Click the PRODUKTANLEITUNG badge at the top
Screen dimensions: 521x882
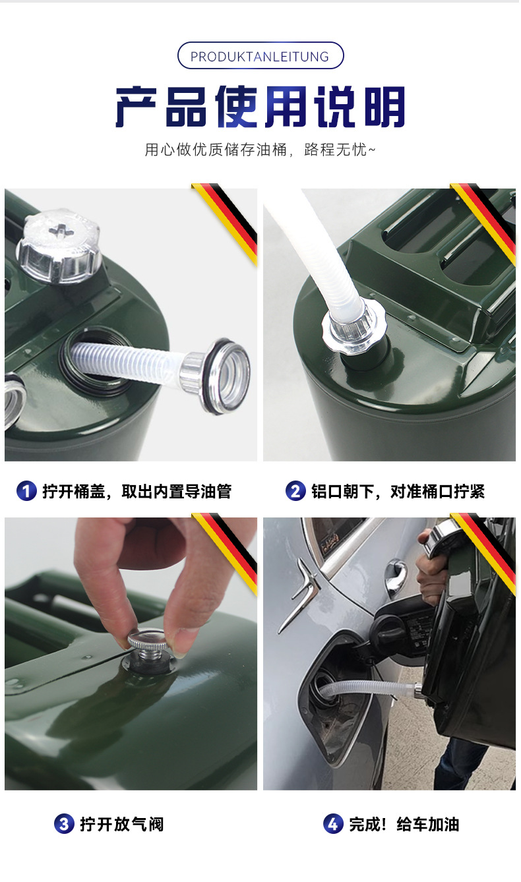click(260, 55)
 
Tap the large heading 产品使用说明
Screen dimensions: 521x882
click(260, 106)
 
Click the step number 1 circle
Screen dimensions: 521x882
click(26, 491)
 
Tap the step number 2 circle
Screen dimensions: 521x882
click(295, 491)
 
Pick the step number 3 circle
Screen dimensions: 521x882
click(64, 824)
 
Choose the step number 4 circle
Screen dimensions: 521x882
click(333, 824)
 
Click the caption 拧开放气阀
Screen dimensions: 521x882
click(122, 824)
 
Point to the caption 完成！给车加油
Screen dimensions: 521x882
click(404, 824)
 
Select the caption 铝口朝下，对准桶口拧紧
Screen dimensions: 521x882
click(398, 491)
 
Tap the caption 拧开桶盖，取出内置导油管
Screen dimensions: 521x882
click(137, 491)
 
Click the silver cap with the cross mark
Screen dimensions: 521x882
click(58, 246)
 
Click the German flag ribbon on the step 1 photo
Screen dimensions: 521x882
click(226, 222)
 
